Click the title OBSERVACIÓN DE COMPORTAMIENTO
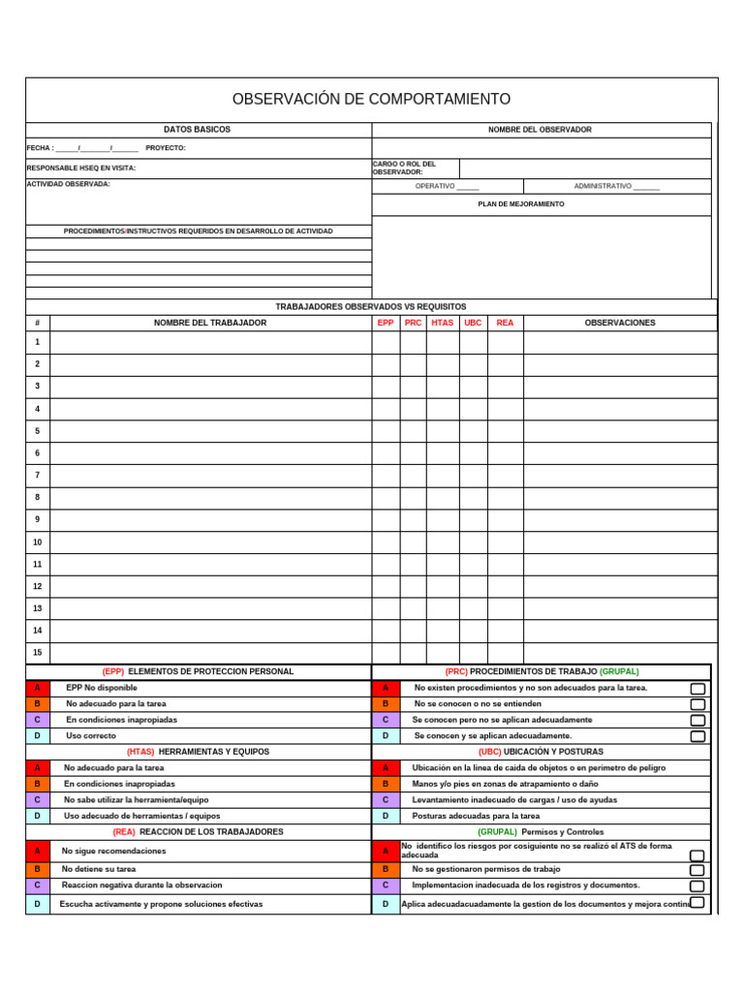[371, 100]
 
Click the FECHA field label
[40, 148]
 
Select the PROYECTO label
[165, 148]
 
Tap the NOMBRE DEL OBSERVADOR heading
[540, 130]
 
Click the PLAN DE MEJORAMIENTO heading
[521, 204]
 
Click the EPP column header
[386, 323]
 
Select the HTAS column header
[442, 323]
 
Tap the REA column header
[505, 323]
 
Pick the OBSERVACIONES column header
[620, 323]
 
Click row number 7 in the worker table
[38, 476]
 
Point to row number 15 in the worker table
[38, 653]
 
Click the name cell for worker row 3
[210, 387]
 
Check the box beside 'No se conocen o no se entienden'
[697, 704]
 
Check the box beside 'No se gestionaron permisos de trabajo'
[697, 870]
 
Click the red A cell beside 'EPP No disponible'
[38, 688]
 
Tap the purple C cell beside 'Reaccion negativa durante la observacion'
[38, 885]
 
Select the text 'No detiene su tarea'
[99, 870]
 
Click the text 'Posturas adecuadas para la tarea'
[476, 816]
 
